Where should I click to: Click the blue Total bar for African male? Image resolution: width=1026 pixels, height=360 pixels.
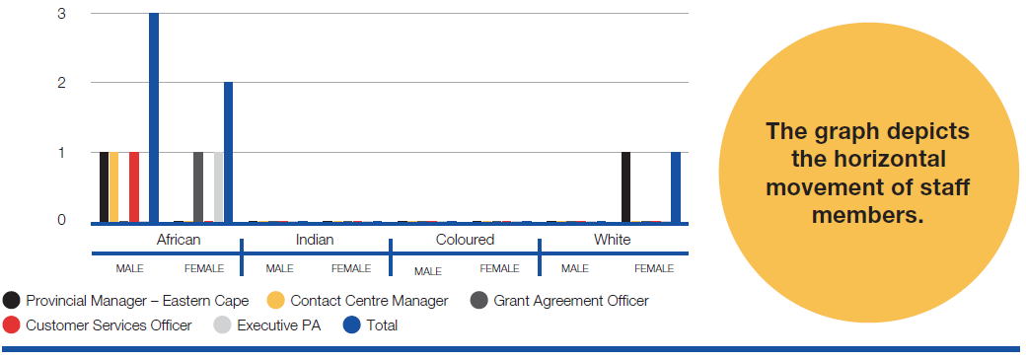154,117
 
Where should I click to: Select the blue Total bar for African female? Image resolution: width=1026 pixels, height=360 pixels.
228,153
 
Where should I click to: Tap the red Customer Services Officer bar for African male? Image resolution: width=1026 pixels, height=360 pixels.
134,187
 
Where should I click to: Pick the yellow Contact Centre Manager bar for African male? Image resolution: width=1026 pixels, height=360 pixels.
113,187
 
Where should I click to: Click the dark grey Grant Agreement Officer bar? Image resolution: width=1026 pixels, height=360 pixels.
198,187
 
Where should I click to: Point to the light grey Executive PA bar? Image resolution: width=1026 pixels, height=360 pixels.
219,187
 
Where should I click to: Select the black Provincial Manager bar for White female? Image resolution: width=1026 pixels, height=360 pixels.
626,187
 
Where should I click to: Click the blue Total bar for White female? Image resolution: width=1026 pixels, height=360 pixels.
676,187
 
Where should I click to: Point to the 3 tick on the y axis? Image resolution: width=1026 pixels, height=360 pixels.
61,13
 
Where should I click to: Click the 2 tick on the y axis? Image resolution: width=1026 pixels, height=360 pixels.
61,83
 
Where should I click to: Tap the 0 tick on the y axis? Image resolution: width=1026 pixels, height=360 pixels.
61,220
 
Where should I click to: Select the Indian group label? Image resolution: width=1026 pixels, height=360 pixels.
315,240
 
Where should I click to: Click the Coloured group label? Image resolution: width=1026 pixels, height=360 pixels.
465,240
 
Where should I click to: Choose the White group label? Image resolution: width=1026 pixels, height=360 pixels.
613,240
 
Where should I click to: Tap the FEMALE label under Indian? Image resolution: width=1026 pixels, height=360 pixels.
351,268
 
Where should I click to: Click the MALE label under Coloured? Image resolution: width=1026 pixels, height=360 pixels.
428,271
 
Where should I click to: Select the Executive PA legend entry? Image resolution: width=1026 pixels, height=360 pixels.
267,325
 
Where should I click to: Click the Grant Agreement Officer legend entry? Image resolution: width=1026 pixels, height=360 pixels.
559,301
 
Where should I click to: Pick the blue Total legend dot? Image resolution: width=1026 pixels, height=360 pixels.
352,325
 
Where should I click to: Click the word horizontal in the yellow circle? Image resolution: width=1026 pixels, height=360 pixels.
867,159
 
